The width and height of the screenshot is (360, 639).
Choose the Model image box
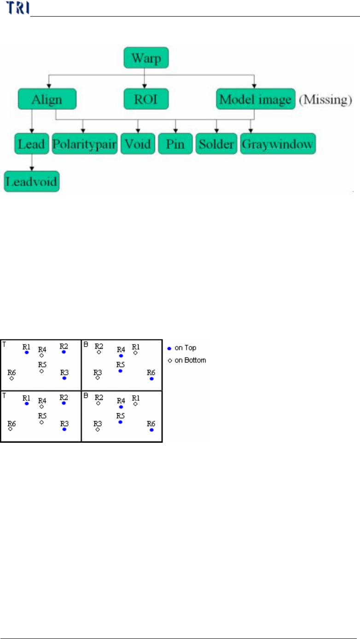[x=255, y=100]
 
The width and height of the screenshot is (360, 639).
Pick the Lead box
[x=31, y=144]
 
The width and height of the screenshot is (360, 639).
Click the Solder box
[x=216, y=144]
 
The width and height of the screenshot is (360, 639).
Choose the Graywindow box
[x=278, y=144]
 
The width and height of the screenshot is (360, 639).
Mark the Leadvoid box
[x=32, y=181]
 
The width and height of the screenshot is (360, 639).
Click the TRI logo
[x=17, y=8]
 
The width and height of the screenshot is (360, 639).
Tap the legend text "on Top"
[x=185, y=348]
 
